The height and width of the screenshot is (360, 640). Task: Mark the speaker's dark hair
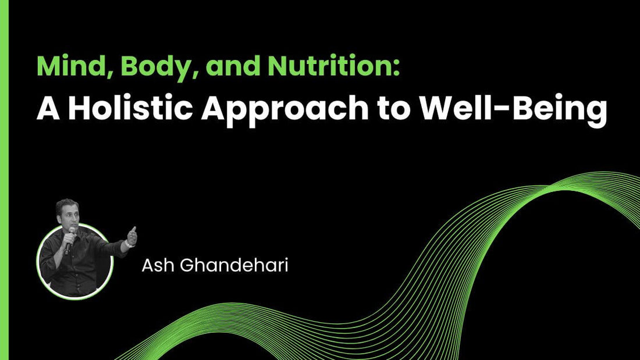[66, 204]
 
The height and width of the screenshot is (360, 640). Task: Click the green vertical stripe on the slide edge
[3, 180]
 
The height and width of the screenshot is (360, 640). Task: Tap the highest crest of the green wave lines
[588, 176]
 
